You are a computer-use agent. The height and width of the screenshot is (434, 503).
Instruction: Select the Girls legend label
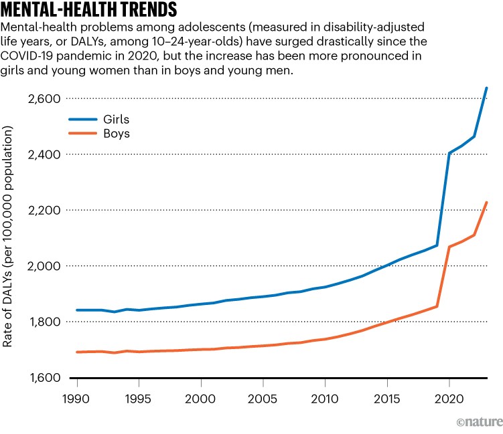click(x=115, y=119)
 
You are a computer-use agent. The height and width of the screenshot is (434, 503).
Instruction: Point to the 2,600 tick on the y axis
click(x=44, y=99)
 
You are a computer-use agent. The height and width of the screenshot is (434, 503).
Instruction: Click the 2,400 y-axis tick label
click(x=44, y=154)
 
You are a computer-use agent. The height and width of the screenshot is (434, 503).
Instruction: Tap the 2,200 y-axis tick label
click(x=44, y=211)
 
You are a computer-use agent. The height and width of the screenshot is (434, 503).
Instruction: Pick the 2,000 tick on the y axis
click(x=44, y=266)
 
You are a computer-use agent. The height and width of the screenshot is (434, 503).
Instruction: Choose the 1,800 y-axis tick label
click(x=44, y=322)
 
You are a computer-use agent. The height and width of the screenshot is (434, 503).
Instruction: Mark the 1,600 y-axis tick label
click(x=44, y=378)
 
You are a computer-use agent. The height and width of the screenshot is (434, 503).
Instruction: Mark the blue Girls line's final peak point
click(x=486, y=88)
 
